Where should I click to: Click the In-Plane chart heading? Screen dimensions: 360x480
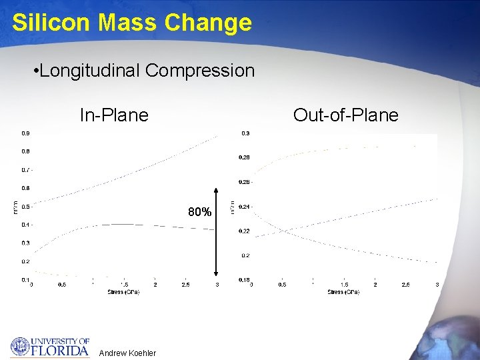(114, 115)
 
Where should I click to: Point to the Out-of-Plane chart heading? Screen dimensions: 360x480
(345, 115)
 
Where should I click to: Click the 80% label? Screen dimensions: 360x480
(200, 213)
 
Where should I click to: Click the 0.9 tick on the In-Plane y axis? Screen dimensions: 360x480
(25, 133)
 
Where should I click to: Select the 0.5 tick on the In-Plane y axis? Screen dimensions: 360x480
(25, 207)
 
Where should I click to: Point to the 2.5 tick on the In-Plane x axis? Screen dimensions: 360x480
(185, 285)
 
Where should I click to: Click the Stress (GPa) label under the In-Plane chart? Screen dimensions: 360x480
(123, 292)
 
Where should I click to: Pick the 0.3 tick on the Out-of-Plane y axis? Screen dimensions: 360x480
(245, 133)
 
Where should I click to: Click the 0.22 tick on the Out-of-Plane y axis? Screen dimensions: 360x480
(244, 231)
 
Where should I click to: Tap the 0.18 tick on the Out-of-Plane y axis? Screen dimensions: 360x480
(244, 280)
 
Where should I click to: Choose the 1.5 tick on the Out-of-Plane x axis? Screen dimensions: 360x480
(344, 285)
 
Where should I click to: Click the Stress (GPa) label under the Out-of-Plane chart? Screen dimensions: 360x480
(343, 292)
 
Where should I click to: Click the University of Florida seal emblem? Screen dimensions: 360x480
(21, 347)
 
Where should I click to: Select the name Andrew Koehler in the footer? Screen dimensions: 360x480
(127, 353)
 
